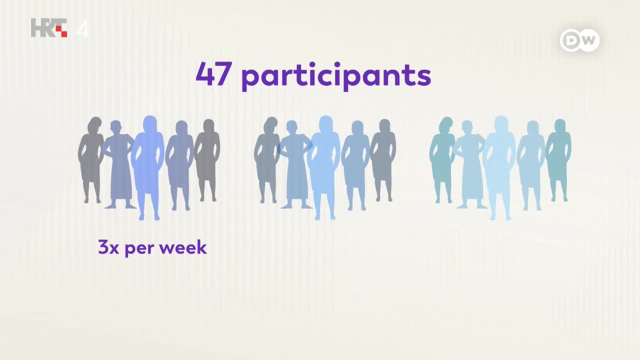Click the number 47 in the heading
coord(213,73)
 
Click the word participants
coord(336,76)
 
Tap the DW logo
coord(579,40)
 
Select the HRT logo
coord(49,27)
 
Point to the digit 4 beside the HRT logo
coord(82,28)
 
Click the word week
coord(183,247)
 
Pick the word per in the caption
coord(139,249)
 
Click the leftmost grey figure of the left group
coord(91,160)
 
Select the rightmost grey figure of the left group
coord(207,160)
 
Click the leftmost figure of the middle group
coord(267,160)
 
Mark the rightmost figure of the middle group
coord(383,160)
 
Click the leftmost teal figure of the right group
coord(442,160)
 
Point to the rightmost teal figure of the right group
coord(559,160)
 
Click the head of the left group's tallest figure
coord(150,123)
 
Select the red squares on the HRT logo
coord(61,31)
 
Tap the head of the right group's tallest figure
coord(501,123)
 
